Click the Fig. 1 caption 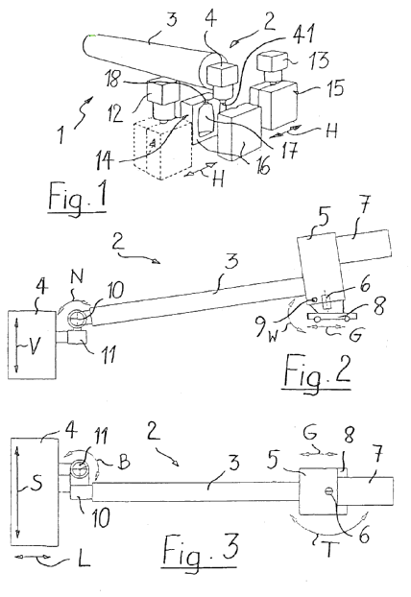78,198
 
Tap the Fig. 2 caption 317,372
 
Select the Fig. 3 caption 201,551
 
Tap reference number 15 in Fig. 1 333,86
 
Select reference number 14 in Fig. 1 105,160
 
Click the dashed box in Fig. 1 162,151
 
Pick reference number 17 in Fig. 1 288,151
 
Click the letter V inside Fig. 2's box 34,346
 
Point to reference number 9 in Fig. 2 262,326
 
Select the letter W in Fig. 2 272,337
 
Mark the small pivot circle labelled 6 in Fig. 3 328,491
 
